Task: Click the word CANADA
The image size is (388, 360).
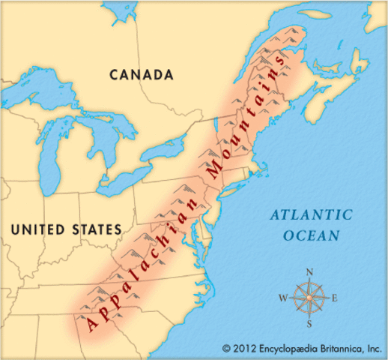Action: pos(142,74)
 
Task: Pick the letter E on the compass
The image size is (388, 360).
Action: pos(335,298)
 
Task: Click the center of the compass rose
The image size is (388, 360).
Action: pos(309,297)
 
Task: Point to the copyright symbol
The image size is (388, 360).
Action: pos(225,349)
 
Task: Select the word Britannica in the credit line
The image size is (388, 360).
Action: pos(338,349)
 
